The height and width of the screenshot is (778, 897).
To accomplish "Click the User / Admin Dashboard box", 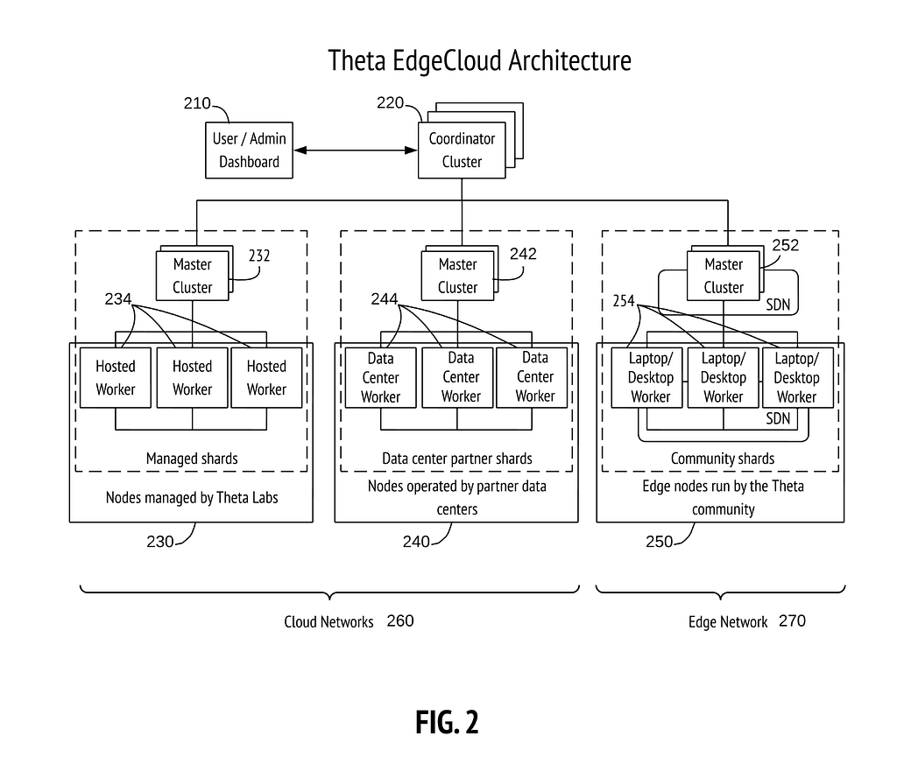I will (x=249, y=150).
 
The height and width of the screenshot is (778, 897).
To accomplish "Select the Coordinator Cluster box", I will (x=462, y=150).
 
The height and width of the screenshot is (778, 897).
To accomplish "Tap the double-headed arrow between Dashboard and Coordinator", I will (x=355, y=151).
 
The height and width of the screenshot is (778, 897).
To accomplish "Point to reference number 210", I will (x=197, y=104).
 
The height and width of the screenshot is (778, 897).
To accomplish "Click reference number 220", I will (x=391, y=103).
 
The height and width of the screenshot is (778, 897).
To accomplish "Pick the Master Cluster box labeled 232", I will (x=192, y=276).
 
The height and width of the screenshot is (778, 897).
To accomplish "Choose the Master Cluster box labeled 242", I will (x=457, y=276).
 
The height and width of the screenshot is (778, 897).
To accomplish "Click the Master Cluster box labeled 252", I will (x=724, y=276).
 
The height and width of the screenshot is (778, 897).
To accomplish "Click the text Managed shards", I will (x=192, y=459).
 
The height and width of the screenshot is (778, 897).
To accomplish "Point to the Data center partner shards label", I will (x=457, y=459).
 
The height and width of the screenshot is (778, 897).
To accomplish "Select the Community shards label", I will (x=723, y=459).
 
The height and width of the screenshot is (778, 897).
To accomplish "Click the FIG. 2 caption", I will (x=447, y=723).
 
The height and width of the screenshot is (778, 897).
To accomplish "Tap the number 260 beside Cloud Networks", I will (x=400, y=621).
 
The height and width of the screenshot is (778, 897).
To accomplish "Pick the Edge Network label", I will (x=728, y=622).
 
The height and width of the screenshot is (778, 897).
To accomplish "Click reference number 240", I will (x=416, y=542).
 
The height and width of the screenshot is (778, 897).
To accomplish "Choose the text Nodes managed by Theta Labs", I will (x=192, y=498).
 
